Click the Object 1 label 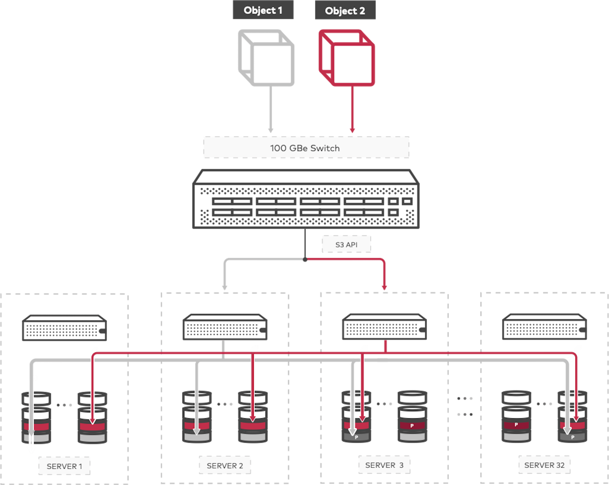pyautogui.click(x=263, y=10)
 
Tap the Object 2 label pyautogui.click(x=345, y=11)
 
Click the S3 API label pyautogui.click(x=346, y=244)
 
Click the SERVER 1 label pyautogui.click(x=64, y=466)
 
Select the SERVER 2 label pyautogui.click(x=225, y=466)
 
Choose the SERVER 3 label pyautogui.click(x=384, y=465)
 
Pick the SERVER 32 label pyautogui.click(x=544, y=465)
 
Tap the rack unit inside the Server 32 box pyautogui.click(x=544, y=327)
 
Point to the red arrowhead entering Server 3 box pyautogui.click(x=384, y=287)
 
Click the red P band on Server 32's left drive pyautogui.click(x=516, y=425)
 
